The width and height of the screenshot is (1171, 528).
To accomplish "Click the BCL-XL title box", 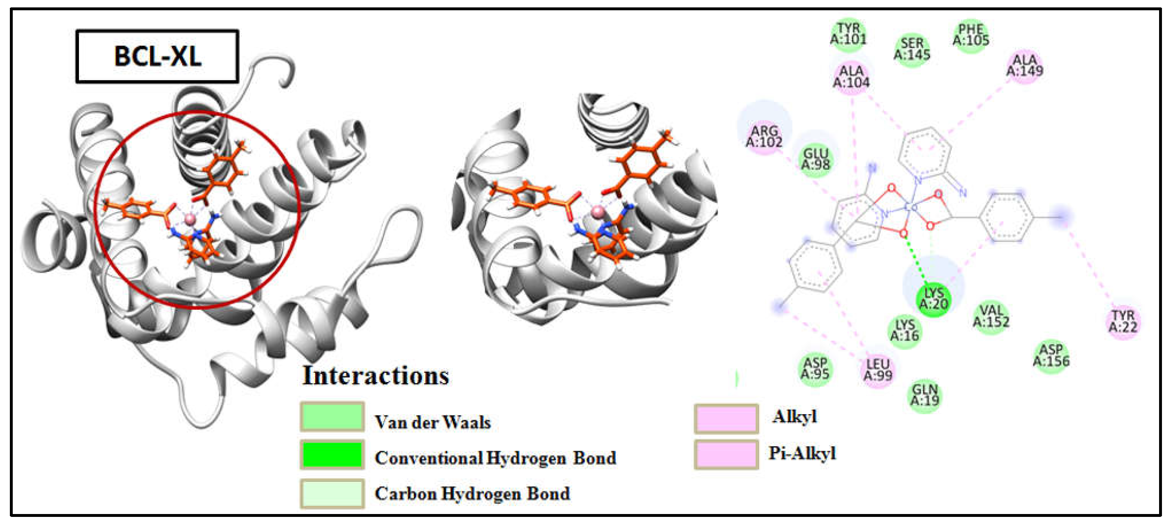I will tap(157, 56).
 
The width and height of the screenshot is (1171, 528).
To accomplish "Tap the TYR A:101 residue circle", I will tap(848, 34).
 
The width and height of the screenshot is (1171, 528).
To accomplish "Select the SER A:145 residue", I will tap(912, 49).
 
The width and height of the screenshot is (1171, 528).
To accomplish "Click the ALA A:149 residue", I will tap(1025, 65).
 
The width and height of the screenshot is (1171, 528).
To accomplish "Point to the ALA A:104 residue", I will tap(851, 77).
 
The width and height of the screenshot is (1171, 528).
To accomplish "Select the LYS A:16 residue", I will tap(904, 331).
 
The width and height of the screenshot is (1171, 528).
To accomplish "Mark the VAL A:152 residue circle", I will tap(991, 317).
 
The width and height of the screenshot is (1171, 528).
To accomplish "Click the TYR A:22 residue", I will tap(1123, 322).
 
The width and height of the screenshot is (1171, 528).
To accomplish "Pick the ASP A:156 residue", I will tap(1051, 356).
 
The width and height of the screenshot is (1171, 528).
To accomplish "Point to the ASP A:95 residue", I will tap(815, 369).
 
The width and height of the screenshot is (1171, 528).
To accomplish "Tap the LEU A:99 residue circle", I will tap(878, 370).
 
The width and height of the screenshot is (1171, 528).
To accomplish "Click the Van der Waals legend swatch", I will tap(332, 417).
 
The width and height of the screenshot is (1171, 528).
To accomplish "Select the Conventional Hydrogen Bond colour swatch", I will tap(332, 454).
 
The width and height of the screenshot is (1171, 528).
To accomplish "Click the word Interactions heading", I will tap(376, 376).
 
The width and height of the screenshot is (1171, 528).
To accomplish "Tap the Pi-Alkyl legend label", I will tap(802, 454).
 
